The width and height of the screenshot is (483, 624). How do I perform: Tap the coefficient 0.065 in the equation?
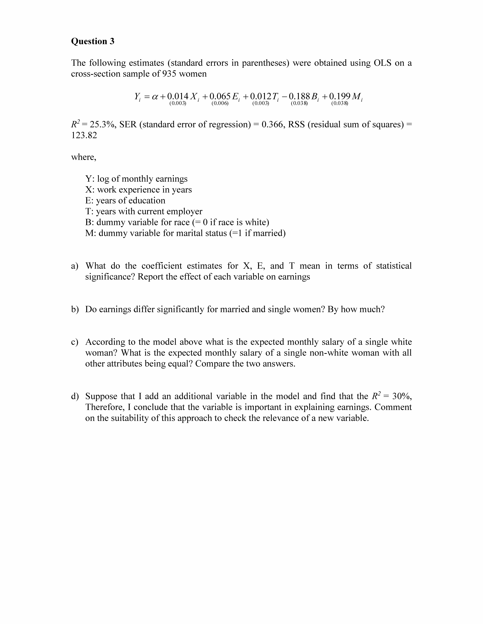click(220, 96)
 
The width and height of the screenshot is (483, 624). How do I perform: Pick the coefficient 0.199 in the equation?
click(340, 96)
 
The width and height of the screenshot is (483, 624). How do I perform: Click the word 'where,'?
click(84, 157)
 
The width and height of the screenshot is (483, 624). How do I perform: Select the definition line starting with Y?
click(136, 179)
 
